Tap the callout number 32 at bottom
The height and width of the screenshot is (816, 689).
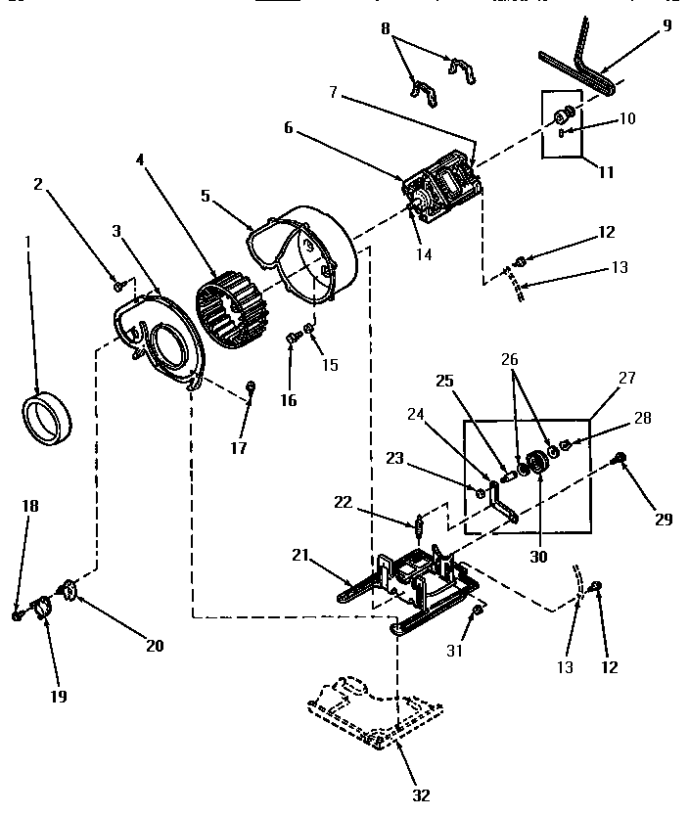pyautogui.click(x=421, y=794)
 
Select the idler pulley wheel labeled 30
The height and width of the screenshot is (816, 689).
pyautogui.click(x=535, y=462)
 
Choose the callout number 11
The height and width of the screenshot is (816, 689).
pyautogui.click(x=607, y=172)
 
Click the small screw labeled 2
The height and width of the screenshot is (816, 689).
pyautogui.click(x=118, y=285)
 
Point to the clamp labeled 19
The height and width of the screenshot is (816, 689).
pyautogui.click(x=43, y=611)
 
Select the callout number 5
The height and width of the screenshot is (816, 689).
pyautogui.click(x=207, y=195)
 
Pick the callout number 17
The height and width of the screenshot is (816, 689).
pyautogui.click(x=240, y=448)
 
